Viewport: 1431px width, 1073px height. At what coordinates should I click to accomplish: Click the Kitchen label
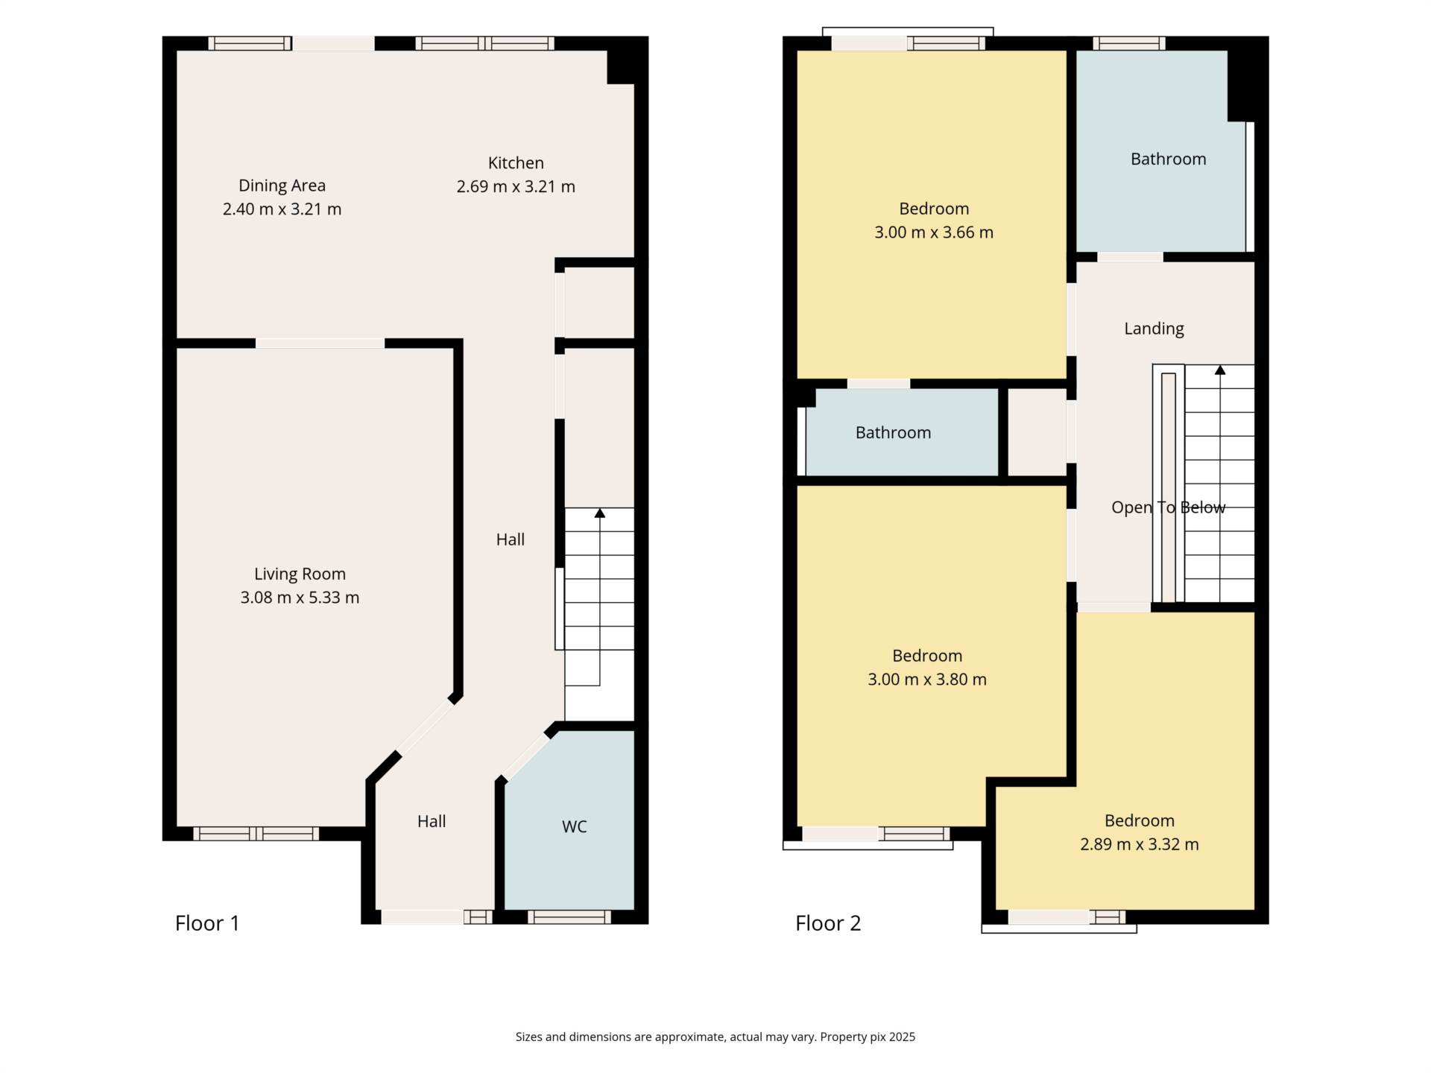click(x=516, y=163)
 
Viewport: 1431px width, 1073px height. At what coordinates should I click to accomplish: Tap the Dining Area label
click(x=282, y=186)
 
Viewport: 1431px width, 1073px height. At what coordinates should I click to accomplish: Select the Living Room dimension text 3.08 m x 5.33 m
click(x=300, y=598)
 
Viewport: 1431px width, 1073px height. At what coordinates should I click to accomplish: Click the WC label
click(x=574, y=826)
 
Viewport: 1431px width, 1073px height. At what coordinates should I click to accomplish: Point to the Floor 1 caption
click(x=207, y=923)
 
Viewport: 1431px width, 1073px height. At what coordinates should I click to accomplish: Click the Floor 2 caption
click(x=828, y=923)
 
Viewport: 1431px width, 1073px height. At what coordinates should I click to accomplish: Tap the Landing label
click(x=1154, y=329)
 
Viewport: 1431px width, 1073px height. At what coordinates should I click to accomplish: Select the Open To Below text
click(x=1168, y=507)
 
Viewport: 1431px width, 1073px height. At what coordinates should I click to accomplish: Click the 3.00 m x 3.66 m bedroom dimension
click(x=934, y=232)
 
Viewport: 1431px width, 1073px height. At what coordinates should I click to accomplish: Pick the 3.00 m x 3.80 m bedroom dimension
click(x=927, y=680)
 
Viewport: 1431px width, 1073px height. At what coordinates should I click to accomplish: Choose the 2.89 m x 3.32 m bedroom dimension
click(x=1140, y=844)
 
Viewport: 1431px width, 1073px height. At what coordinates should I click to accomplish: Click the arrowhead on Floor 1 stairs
click(x=600, y=513)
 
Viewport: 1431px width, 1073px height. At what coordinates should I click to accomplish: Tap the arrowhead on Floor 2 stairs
click(x=1220, y=370)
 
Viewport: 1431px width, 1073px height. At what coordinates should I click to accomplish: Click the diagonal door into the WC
click(x=525, y=756)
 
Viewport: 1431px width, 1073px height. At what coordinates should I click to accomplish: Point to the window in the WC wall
click(x=569, y=917)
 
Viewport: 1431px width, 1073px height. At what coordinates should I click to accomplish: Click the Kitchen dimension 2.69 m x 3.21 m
click(x=516, y=187)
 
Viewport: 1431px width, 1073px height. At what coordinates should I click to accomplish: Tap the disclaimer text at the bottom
click(x=715, y=1036)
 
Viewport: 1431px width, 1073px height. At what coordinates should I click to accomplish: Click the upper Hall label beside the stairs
click(x=511, y=539)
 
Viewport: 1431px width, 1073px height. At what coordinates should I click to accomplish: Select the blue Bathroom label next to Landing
click(x=1168, y=159)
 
